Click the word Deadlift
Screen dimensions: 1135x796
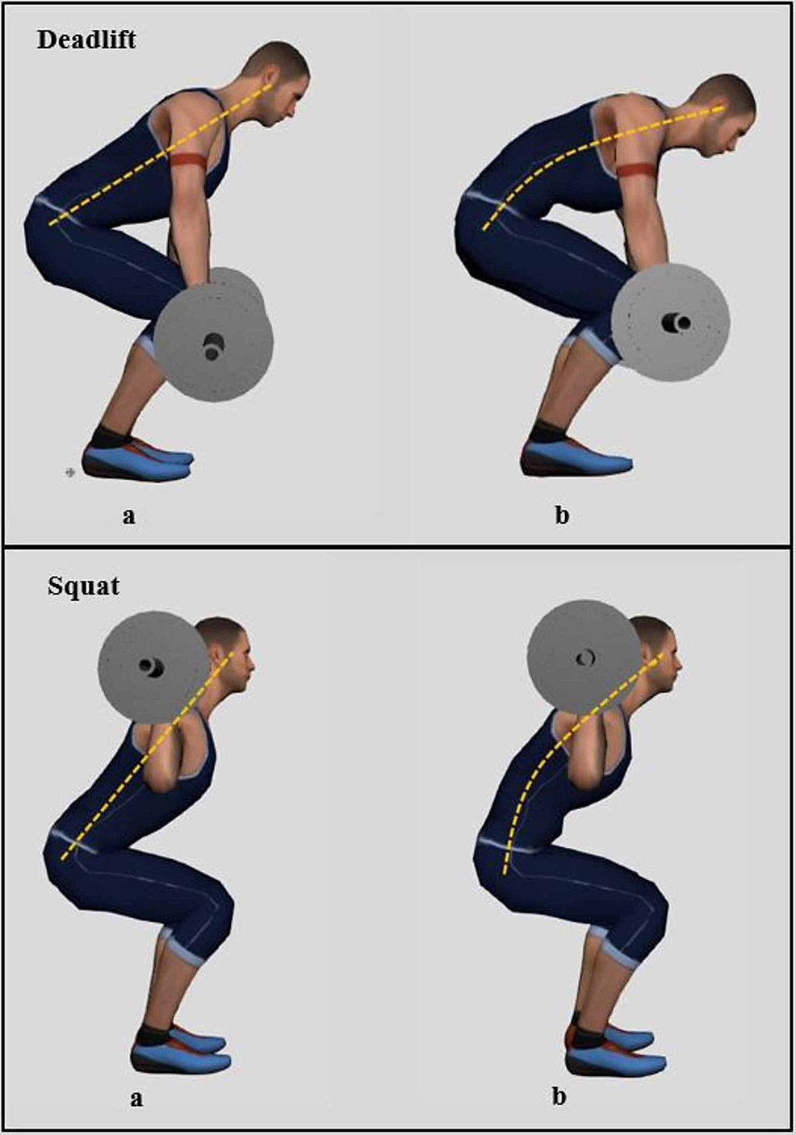tap(86, 39)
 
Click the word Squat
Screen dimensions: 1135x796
tap(83, 585)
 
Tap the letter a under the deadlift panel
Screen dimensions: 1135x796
tap(128, 515)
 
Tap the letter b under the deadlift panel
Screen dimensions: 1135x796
tap(561, 515)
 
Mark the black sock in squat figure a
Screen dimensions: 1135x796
tap(153, 1034)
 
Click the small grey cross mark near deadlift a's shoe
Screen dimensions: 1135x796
tap(70, 473)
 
